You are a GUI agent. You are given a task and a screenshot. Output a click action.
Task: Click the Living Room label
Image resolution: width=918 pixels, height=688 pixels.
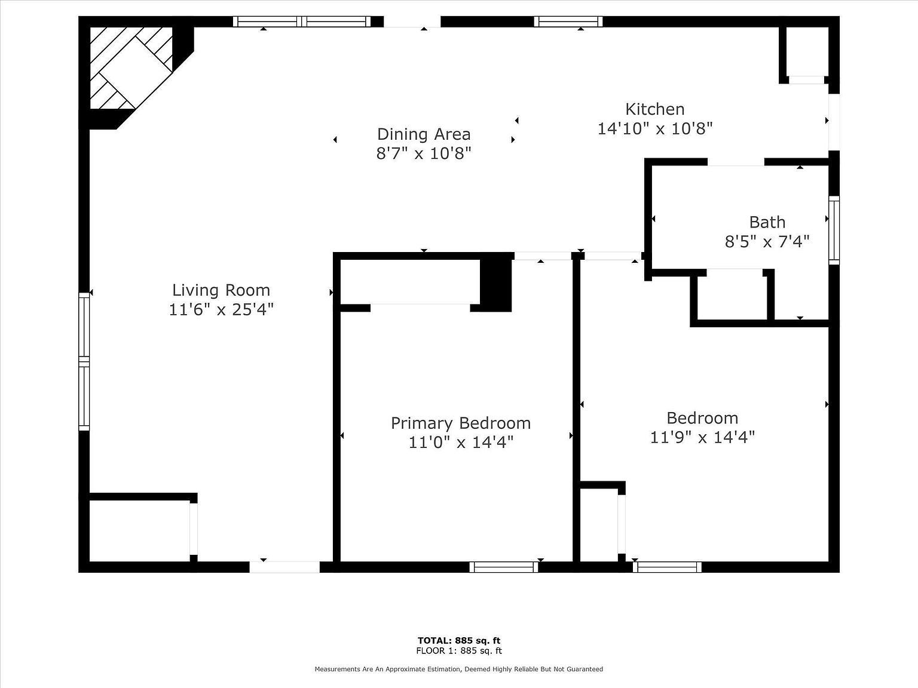(x=221, y=290)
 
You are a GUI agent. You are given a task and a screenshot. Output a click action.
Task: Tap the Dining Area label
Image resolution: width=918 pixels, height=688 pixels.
(x=424, y=134)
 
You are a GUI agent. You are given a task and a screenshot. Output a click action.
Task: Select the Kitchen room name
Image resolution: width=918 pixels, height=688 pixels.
(x=655, y=109)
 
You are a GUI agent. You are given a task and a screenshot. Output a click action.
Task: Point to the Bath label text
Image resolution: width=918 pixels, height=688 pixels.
(x=767, y=222)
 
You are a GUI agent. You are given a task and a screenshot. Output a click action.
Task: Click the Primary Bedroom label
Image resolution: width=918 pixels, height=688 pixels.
(x=461, y=423)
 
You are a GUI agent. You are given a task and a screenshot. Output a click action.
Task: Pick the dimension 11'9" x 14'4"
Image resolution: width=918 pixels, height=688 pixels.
(x=702, y=437)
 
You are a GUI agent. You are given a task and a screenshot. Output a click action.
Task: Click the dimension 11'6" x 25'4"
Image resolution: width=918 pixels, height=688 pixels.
(x=221, y=309)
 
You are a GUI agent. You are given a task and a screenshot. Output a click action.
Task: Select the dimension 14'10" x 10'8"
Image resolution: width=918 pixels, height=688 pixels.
(x=655, y=128)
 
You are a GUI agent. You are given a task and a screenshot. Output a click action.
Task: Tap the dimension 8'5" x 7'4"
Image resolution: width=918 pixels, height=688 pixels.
(x=767, y=241)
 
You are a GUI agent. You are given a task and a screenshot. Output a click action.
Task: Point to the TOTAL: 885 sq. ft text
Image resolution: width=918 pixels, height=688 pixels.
(x=459, y=641)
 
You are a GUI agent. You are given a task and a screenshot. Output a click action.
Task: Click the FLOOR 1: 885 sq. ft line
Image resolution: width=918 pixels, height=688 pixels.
(x=459, y=651)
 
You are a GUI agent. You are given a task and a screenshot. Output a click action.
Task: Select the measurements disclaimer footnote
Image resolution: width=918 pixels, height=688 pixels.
(x=459, y=669)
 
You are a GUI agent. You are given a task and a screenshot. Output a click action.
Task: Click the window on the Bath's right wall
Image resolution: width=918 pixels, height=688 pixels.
(x=834, y=230)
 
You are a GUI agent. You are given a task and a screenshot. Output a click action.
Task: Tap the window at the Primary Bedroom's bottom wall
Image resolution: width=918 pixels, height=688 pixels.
(x=504, y=567)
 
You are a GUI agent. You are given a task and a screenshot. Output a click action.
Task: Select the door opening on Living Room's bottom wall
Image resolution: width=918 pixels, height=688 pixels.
(x=284, y=567)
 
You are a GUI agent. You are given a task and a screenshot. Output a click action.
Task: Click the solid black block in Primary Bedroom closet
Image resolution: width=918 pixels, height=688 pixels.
(x=496, y=284)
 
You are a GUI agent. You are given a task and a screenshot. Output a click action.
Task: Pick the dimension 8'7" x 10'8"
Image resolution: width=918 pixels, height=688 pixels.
(x=424, y=153)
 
